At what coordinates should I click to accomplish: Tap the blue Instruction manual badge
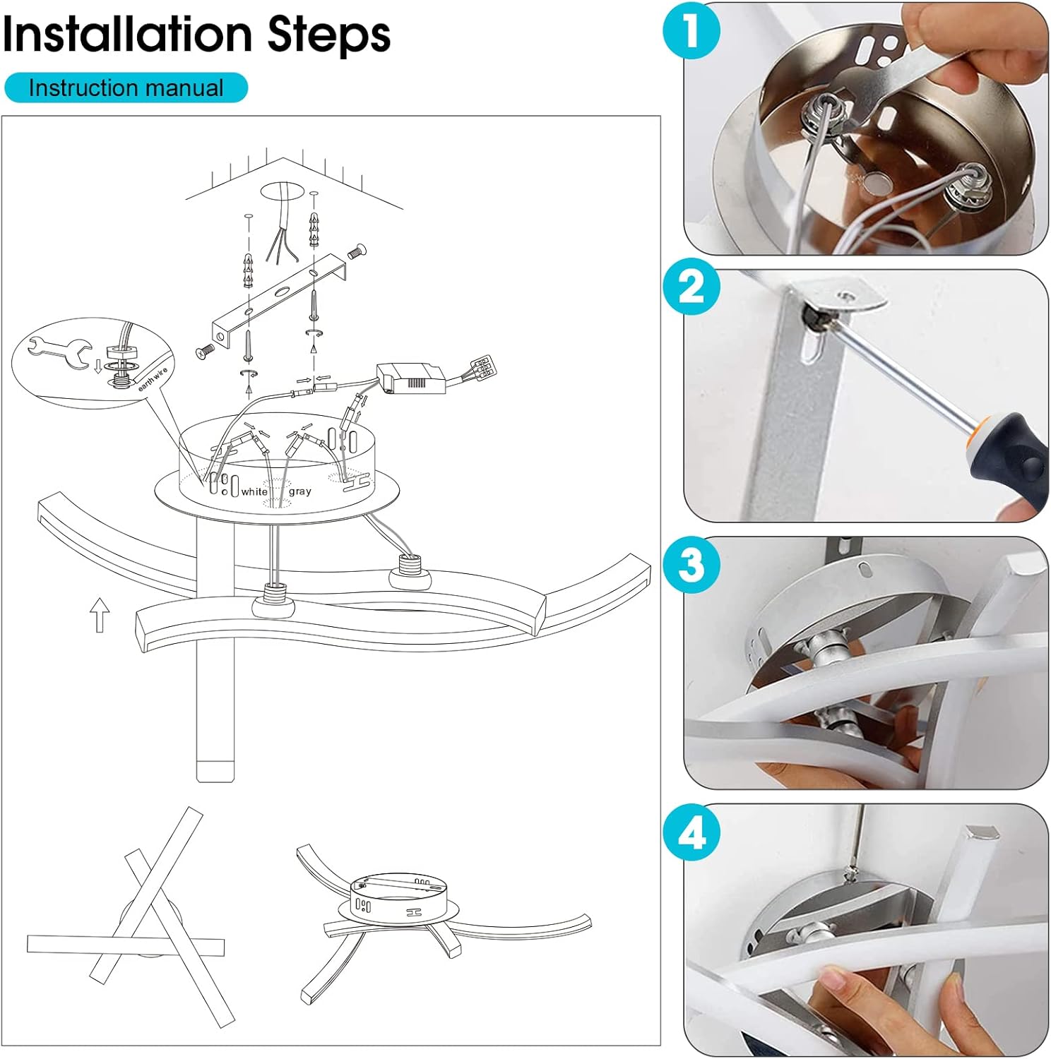[126, 88]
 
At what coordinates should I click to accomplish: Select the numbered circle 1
[692, 31]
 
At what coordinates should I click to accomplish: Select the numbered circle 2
[692, 288]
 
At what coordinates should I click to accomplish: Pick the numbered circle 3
[692, 565]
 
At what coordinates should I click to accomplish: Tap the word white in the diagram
[254, 491]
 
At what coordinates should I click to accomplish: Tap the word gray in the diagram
[299, 491]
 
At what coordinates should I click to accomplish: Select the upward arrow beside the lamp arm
[100, 614]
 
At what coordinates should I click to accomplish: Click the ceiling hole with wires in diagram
[283, 191]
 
